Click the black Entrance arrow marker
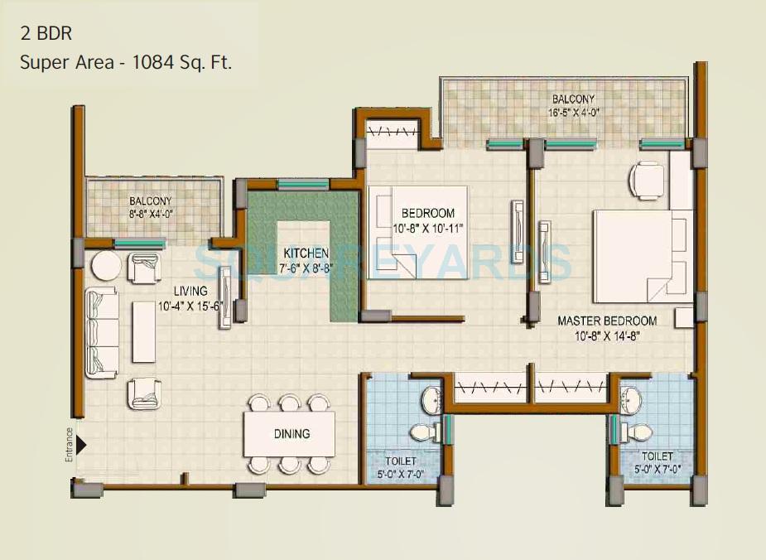point(81,446)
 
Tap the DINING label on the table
point(291,433)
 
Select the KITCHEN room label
point(306,253)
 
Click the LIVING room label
point(190,291)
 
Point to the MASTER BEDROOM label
point(606,321)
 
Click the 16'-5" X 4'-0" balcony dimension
point(571,112)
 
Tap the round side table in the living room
point(106,267)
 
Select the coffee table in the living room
point(145,332)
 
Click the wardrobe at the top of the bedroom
point(393,132)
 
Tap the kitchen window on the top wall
point(303,184)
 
